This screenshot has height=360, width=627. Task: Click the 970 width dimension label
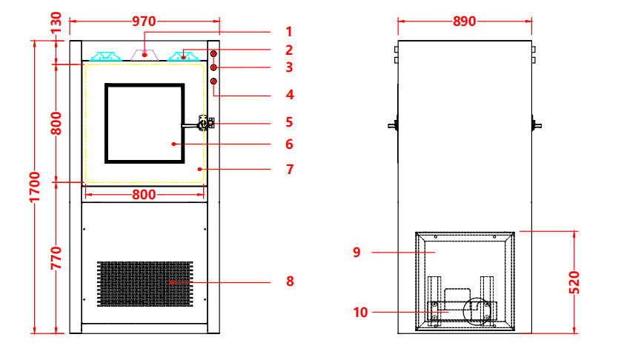[144, 21]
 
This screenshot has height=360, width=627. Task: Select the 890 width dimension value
[464, 21]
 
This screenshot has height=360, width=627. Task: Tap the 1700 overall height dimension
[35, 187]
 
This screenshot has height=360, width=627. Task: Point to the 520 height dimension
[574, 282]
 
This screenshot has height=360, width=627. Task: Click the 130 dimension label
[56, 22]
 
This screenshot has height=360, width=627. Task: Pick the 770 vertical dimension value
[56, 258]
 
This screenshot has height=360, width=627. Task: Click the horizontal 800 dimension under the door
[144, 195]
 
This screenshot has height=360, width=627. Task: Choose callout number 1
[289, 32]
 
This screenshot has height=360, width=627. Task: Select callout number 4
[290, 95]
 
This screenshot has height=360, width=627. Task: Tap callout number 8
[290, 281]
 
